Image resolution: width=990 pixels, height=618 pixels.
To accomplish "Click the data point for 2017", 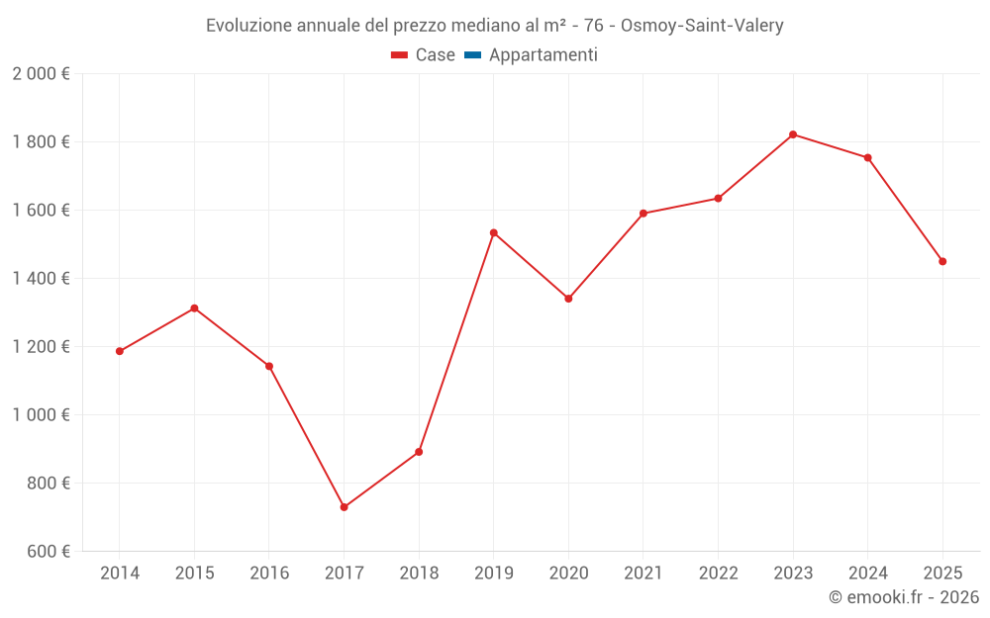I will pos(344,507).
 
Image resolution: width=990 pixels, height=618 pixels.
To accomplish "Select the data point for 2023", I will pos(793,134).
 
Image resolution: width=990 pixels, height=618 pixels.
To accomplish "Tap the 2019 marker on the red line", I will pos(493,232).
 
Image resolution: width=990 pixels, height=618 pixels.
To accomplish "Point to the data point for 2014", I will pos(120,351).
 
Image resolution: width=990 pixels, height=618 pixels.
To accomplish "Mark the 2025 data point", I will pos(942,261).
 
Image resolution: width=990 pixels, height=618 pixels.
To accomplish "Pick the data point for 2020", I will pos(568,299).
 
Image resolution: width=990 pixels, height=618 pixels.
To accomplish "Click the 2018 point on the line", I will pos(419,452).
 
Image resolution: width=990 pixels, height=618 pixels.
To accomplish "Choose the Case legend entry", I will pos(424,55).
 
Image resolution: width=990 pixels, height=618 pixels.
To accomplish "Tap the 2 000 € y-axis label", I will pos(42,74).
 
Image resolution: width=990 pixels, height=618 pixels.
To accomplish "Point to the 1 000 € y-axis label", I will pos(42,415).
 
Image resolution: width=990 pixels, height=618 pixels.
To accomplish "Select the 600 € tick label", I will pos(48,552).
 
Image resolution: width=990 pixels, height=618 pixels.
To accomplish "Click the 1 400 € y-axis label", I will pos(42,279).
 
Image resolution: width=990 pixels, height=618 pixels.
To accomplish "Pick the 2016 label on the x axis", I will pos(269,574).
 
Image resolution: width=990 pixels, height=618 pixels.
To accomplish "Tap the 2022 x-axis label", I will pos(718,574).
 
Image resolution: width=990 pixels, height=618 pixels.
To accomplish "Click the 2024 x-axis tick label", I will pos(867,574).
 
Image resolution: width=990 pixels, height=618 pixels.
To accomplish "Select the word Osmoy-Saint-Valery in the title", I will pos(702,26).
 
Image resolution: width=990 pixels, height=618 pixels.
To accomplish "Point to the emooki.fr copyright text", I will pos(904,597).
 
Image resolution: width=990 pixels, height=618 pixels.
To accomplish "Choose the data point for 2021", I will pos(643,214).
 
